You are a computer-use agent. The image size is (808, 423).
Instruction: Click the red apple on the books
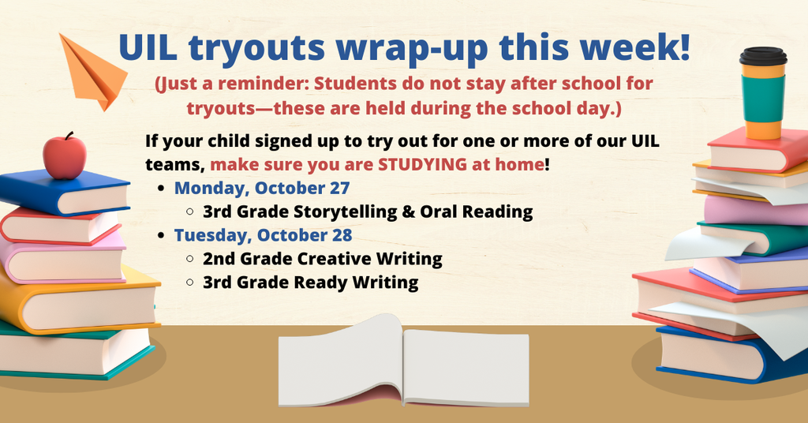pyautogui.click(x=65, y=155)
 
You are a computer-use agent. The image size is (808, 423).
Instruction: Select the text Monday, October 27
pyautogui.click(x=262, y=189)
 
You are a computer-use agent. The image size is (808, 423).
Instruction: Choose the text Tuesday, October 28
pyautogui.click(x=263, y=235)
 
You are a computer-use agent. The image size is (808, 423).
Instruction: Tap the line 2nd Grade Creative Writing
pyautogui.click(x=322, y=259)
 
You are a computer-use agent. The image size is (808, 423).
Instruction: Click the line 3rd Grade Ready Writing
pyautogui.click(x=310, y=283)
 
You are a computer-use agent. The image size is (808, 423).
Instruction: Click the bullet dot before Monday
pyautogui.click(x=162, y=189)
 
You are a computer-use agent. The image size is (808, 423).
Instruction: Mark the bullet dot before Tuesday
pyautogui.click(x=162, y=236)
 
